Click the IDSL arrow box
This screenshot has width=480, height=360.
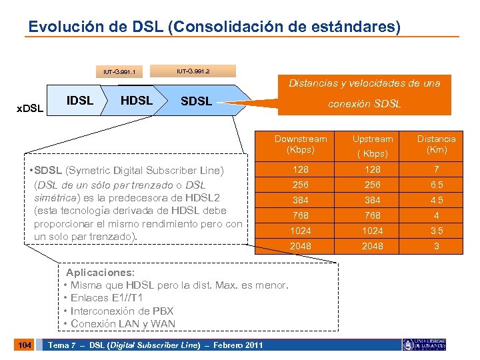[x=80, y=101]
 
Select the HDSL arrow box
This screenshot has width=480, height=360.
[x=136, y=101]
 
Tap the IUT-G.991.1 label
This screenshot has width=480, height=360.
[x=120, y=71]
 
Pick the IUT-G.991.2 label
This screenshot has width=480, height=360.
[x=193, y=70]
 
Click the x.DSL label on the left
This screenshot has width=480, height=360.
[x=29, y=107]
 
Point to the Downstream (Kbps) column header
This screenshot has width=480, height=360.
[x=300, y=144]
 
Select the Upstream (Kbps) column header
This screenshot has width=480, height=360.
[x=372, y=145]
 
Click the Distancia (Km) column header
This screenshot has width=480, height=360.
[x=436, y=144]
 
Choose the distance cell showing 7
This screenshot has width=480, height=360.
[x=437, y=169]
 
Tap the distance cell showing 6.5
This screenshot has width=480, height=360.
[x=437, y=185]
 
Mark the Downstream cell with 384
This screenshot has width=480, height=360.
[x=300, y=200]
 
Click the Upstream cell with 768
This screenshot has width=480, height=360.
[x=372, y=215]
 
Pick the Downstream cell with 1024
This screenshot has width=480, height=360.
[x=300, y=231]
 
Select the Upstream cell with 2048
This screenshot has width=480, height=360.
[x=372, y=246]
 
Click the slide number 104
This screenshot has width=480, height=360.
[x=25, y=345]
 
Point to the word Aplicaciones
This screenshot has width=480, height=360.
[x=100, y=273]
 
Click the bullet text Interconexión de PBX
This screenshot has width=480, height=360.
[x=120, y=311]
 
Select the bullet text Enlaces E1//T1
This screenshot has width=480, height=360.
[x=107, y=298]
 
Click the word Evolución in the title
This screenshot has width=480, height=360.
[x=61, y=27]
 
